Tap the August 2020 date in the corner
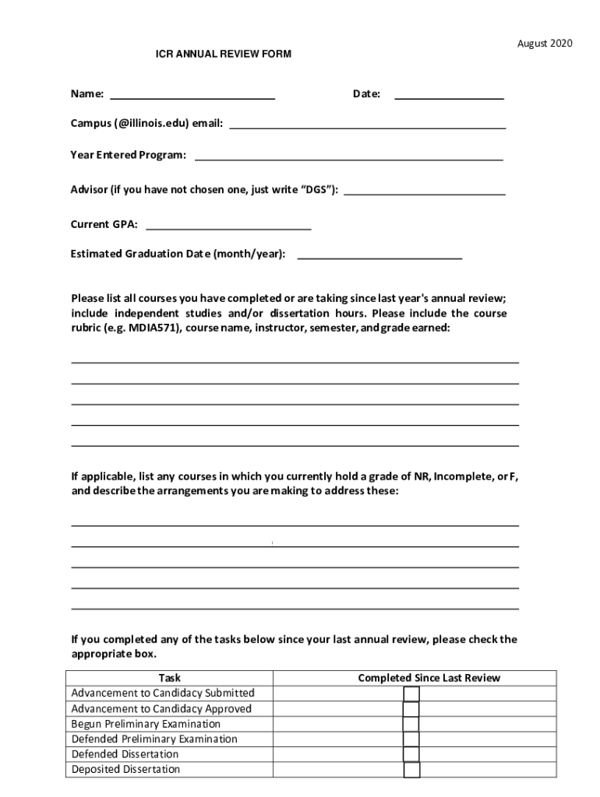click(545, 43)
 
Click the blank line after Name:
click(192, 94)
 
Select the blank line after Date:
click(449, 94)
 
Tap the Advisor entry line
click(424, 189)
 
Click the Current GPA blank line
click(228, 225)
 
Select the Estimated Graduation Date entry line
click(379, 254)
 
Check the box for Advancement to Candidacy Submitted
click(411, 693)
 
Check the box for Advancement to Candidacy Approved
click(411, 709)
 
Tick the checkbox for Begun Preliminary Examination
click(411, 724)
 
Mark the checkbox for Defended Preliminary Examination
click(411, 739)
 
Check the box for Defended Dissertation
click(411, 754)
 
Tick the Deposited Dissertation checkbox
click(411, 770)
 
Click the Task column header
click(169, 678)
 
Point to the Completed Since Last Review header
click(429, 678)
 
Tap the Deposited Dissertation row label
click(125, 770)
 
